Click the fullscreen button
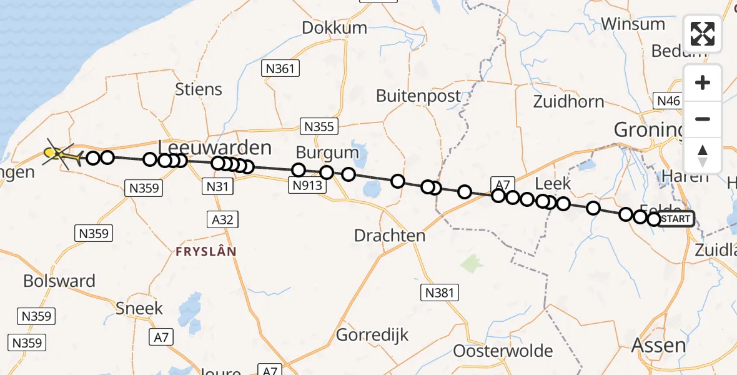pos(703,34)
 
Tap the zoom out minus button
pos(703,119)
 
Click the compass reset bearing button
pos(703,155)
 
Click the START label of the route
pos(676,219)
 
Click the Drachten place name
pos(390,236)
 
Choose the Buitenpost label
pos(418,96)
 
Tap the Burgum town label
pos(327,152)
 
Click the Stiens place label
pos(199,89)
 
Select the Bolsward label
pos(59,281)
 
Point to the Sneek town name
pos(139,308)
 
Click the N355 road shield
pos(319,127)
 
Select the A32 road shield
pos(223,219)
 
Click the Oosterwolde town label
pos(503,351)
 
